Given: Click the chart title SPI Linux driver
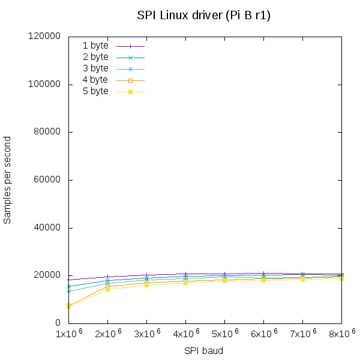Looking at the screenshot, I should click(x=203, y=16).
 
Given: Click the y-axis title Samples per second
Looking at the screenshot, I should click(x=7, y=180).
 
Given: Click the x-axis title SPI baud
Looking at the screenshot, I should click(x=203, y=350).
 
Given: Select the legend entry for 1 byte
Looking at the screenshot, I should click(x=95, y=46).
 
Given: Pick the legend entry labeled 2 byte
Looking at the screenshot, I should click(x=95, y=57).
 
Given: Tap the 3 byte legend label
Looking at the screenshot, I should click(x=95, y=68).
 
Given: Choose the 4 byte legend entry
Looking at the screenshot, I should click(x=95, y=80).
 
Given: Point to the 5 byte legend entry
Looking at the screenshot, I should click(x=95, y=91).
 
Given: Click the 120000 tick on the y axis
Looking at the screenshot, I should click(x=46, y=37).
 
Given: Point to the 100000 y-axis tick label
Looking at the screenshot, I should click(x=46, y=85).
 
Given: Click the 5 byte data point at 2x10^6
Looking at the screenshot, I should click(x=108, y=289).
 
